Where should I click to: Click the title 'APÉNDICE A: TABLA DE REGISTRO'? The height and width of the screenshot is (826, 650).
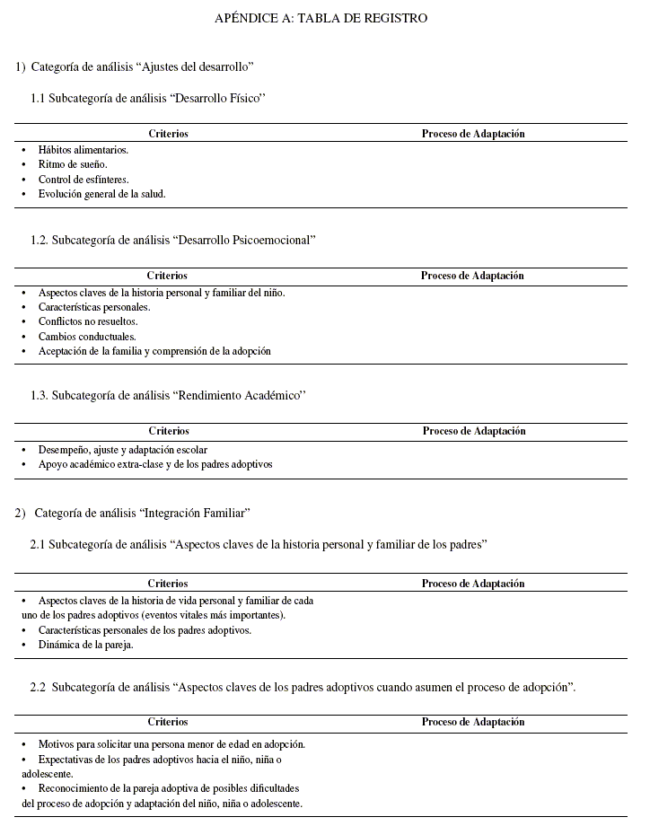click(x=321, y=18)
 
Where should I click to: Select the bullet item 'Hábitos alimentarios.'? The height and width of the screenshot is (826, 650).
click(x=83, y=150)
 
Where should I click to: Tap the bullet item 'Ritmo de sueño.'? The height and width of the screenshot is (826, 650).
click(x=73, y=164)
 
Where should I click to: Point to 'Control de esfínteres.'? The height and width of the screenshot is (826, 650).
click(x=83, y=180)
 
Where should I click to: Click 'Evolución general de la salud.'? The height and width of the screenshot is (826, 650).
click(x=101, y=194)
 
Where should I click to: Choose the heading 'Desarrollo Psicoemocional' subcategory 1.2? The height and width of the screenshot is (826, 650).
click(x=173, y=240)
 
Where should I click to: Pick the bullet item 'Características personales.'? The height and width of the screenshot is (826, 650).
click(x=94, y=307)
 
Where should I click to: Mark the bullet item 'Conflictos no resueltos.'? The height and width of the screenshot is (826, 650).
click(x=88, y=321)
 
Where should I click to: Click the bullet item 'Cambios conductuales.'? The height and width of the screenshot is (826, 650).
click(x=87, y=337)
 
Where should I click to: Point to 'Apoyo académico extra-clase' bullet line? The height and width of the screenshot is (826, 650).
click(x=154, y=464)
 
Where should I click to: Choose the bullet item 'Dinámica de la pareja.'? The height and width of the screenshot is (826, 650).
click(x=85, y=645)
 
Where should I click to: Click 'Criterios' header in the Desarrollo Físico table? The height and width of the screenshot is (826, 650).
click(x=168, y=134)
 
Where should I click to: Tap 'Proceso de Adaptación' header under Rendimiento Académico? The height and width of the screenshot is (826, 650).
click(x=474, y=431)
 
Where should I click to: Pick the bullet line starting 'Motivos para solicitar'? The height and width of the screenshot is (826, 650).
click(x=171, y=744)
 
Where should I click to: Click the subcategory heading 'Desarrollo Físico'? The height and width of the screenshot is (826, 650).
click(x=149, y=98)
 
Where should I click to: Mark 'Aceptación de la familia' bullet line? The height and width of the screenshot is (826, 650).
click(x=154, y=351)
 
